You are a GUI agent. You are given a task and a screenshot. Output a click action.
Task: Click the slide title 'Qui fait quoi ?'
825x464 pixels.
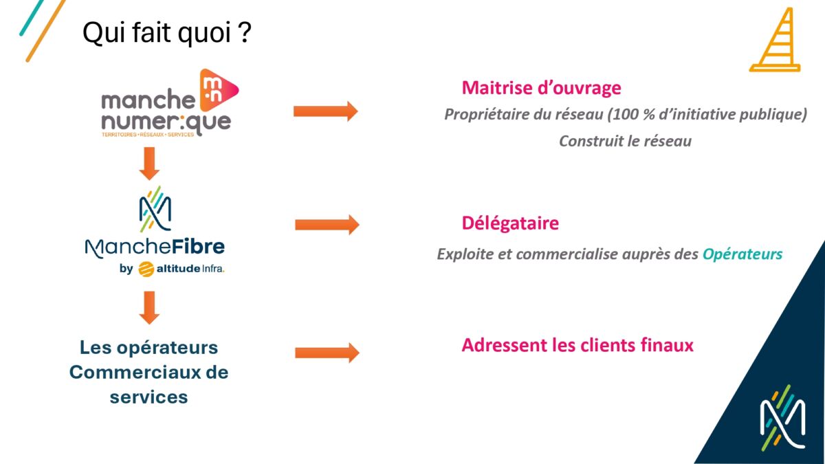coord(167,33)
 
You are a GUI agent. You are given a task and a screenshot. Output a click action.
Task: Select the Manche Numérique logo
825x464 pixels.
coord(170,102)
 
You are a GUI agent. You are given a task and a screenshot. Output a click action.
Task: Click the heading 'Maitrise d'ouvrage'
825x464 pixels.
coord(542,88)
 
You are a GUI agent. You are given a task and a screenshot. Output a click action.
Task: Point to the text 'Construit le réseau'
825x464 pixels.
coord(626,141)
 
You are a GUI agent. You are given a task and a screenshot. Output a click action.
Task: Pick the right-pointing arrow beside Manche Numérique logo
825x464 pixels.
coord(326,111)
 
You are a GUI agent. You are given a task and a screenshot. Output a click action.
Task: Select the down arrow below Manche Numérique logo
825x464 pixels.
coord(149,164)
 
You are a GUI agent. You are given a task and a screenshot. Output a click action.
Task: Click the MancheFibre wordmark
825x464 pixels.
coord(155,247)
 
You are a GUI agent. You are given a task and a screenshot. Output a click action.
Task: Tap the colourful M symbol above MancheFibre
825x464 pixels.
coord(155,209)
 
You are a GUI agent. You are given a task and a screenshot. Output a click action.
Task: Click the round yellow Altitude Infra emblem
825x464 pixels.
coord(146,269)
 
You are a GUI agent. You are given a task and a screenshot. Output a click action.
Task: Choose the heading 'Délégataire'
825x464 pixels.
coord(510,223)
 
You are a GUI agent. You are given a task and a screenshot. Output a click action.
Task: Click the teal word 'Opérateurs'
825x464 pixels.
coord(742,254)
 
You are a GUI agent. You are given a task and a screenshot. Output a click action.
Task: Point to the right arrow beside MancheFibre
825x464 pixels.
coord(327,225)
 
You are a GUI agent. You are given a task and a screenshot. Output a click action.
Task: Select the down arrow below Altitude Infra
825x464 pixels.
coord(149,308)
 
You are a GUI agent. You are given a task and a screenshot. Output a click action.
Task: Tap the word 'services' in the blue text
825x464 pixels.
coord(148,397)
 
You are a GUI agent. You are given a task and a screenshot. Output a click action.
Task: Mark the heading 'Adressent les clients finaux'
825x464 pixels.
coord(577,345)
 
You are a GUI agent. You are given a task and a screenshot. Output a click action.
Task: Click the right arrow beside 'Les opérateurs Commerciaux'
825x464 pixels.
coord(327,353)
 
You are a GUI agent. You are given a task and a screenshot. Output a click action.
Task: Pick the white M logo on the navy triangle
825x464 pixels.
coord(782,417)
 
